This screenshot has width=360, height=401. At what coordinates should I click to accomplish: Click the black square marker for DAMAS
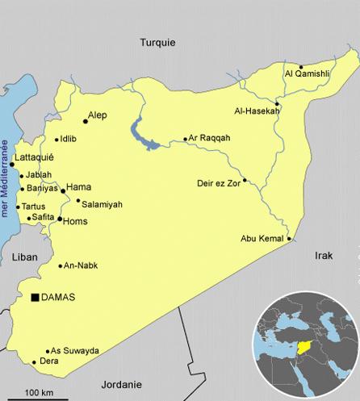tap(35, 298)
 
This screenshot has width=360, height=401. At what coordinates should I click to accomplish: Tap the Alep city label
tap(97, 115)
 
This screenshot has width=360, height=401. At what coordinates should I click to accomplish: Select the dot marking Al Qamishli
tap(300, 67)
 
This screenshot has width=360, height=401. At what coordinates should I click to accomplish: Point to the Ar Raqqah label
tap(210, 138)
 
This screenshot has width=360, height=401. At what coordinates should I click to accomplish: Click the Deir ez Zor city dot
tap(245, 180)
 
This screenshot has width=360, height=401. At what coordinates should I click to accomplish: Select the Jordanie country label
tap(122, 384)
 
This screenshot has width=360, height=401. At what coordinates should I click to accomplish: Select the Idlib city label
tap(68, 139)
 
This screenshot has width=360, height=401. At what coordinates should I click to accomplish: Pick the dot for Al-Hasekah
tap(277, 104)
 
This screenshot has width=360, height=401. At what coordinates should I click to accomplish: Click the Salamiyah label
tap(102, 205)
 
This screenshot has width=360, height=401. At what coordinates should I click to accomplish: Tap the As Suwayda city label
tap(74, 351)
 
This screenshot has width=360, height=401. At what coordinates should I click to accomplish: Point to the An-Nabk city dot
tap(61, 265)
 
